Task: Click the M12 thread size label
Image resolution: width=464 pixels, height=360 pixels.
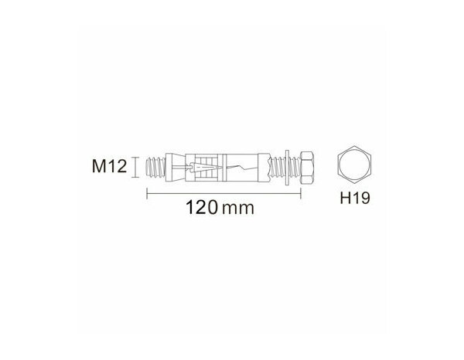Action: (x=109, y=166)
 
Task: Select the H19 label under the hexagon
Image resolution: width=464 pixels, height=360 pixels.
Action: (x=357, y=198)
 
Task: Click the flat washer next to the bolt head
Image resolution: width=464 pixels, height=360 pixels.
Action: (x=288, y=166)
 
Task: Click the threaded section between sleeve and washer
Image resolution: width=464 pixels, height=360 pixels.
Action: (x=274, y=166)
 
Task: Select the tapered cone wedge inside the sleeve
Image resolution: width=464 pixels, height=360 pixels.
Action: (x=197, y=166)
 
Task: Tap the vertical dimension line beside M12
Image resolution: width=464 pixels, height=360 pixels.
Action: (x=136, y=166)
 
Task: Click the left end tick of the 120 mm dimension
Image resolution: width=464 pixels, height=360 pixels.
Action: (x=147, y=192)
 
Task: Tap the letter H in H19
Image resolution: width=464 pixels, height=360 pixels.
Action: (x=346, y=198)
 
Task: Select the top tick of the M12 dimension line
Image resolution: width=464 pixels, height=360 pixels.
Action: (x=136, y=155)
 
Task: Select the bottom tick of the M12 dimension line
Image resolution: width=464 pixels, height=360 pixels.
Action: (x=136, y=177)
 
